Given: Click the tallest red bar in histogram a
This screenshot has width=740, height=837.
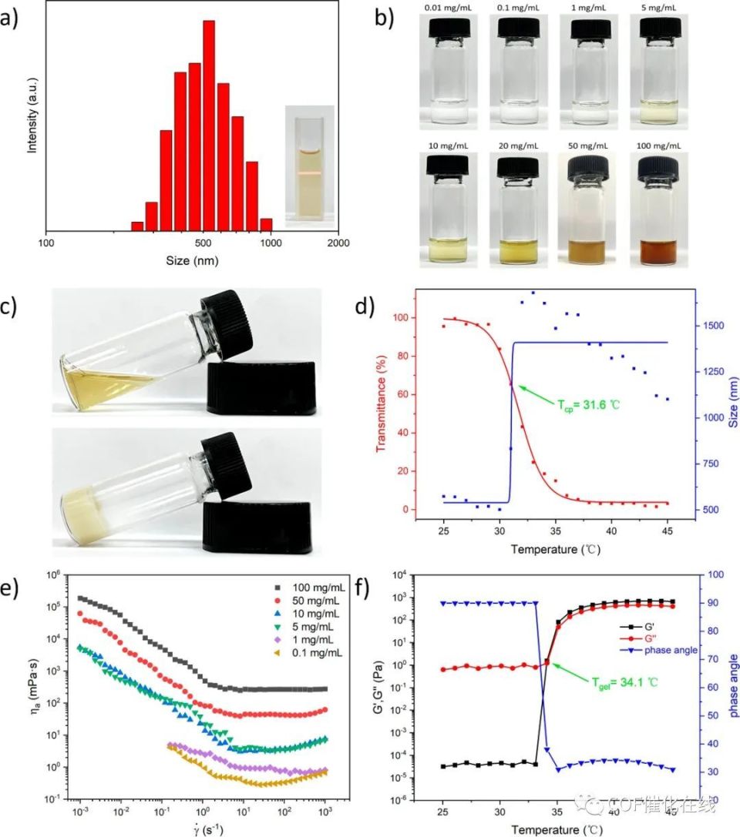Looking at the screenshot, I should [208, 123].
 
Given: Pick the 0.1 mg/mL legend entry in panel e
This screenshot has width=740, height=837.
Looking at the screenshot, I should [309, 653].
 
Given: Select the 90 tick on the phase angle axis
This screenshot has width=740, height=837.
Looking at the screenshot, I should [718, 603].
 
